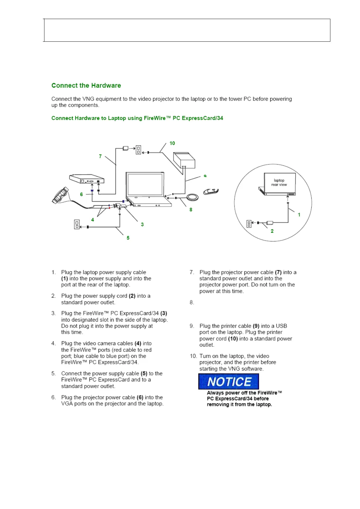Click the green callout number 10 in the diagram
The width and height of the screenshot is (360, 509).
(172, 143)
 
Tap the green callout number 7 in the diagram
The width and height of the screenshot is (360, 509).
(100, 156)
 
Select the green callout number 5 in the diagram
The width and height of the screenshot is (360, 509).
(128, 238)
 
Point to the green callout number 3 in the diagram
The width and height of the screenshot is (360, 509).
(142, 225)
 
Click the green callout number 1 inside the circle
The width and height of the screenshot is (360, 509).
(299, 215)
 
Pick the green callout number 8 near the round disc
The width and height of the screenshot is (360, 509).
(191, 209)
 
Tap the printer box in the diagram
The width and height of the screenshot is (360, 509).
(184, 160)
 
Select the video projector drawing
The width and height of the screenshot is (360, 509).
(87, 179)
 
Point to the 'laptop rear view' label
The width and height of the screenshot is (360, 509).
(279, 182)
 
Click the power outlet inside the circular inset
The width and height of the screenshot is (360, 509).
(249, 224)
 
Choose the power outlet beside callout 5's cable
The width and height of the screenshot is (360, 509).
(77, 224)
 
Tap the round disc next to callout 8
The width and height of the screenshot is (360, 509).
(192, 197)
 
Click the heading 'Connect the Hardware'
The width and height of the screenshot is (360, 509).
(86, 86)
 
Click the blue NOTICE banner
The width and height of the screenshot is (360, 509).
(229, 381)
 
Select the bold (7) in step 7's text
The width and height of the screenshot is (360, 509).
(278, 272)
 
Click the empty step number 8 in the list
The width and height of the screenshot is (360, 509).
(192, 302)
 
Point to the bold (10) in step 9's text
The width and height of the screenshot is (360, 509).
(233, 339)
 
